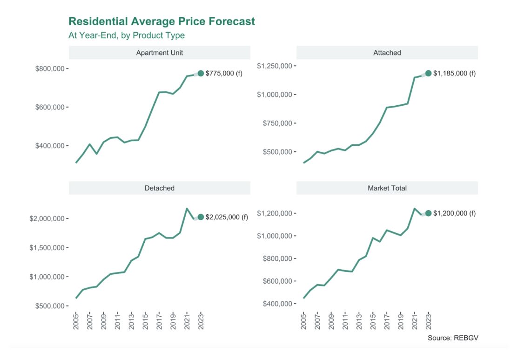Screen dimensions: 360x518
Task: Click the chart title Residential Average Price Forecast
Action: [x=161, y=21]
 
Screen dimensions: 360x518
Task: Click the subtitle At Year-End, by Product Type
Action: [x=127, y=35]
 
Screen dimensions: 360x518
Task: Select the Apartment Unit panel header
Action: [x=159, y=53]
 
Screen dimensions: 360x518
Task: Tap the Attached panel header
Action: [x=387, y=53]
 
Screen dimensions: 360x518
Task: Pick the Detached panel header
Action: [x=159, y=188]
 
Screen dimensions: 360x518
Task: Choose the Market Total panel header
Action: [x=387, y=188]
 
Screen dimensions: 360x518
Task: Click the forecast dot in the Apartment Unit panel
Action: [x=201, y=73]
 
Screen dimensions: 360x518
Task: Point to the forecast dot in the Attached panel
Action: [x=428, y=73]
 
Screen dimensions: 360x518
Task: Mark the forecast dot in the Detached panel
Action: [x=201, y=217]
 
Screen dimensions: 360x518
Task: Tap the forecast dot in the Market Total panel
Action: [x=428, y=213]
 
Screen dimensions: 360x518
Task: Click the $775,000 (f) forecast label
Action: [x=224, y=73]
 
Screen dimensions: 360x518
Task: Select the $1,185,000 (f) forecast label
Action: [x=454, y=73]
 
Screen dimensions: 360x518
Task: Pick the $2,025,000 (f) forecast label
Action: [x=227, y=217]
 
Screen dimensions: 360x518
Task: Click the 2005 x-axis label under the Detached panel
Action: [x=76, y=321]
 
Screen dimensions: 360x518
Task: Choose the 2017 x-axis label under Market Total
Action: [x=386, y=321]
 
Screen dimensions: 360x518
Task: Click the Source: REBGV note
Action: [x=452, y=338]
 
